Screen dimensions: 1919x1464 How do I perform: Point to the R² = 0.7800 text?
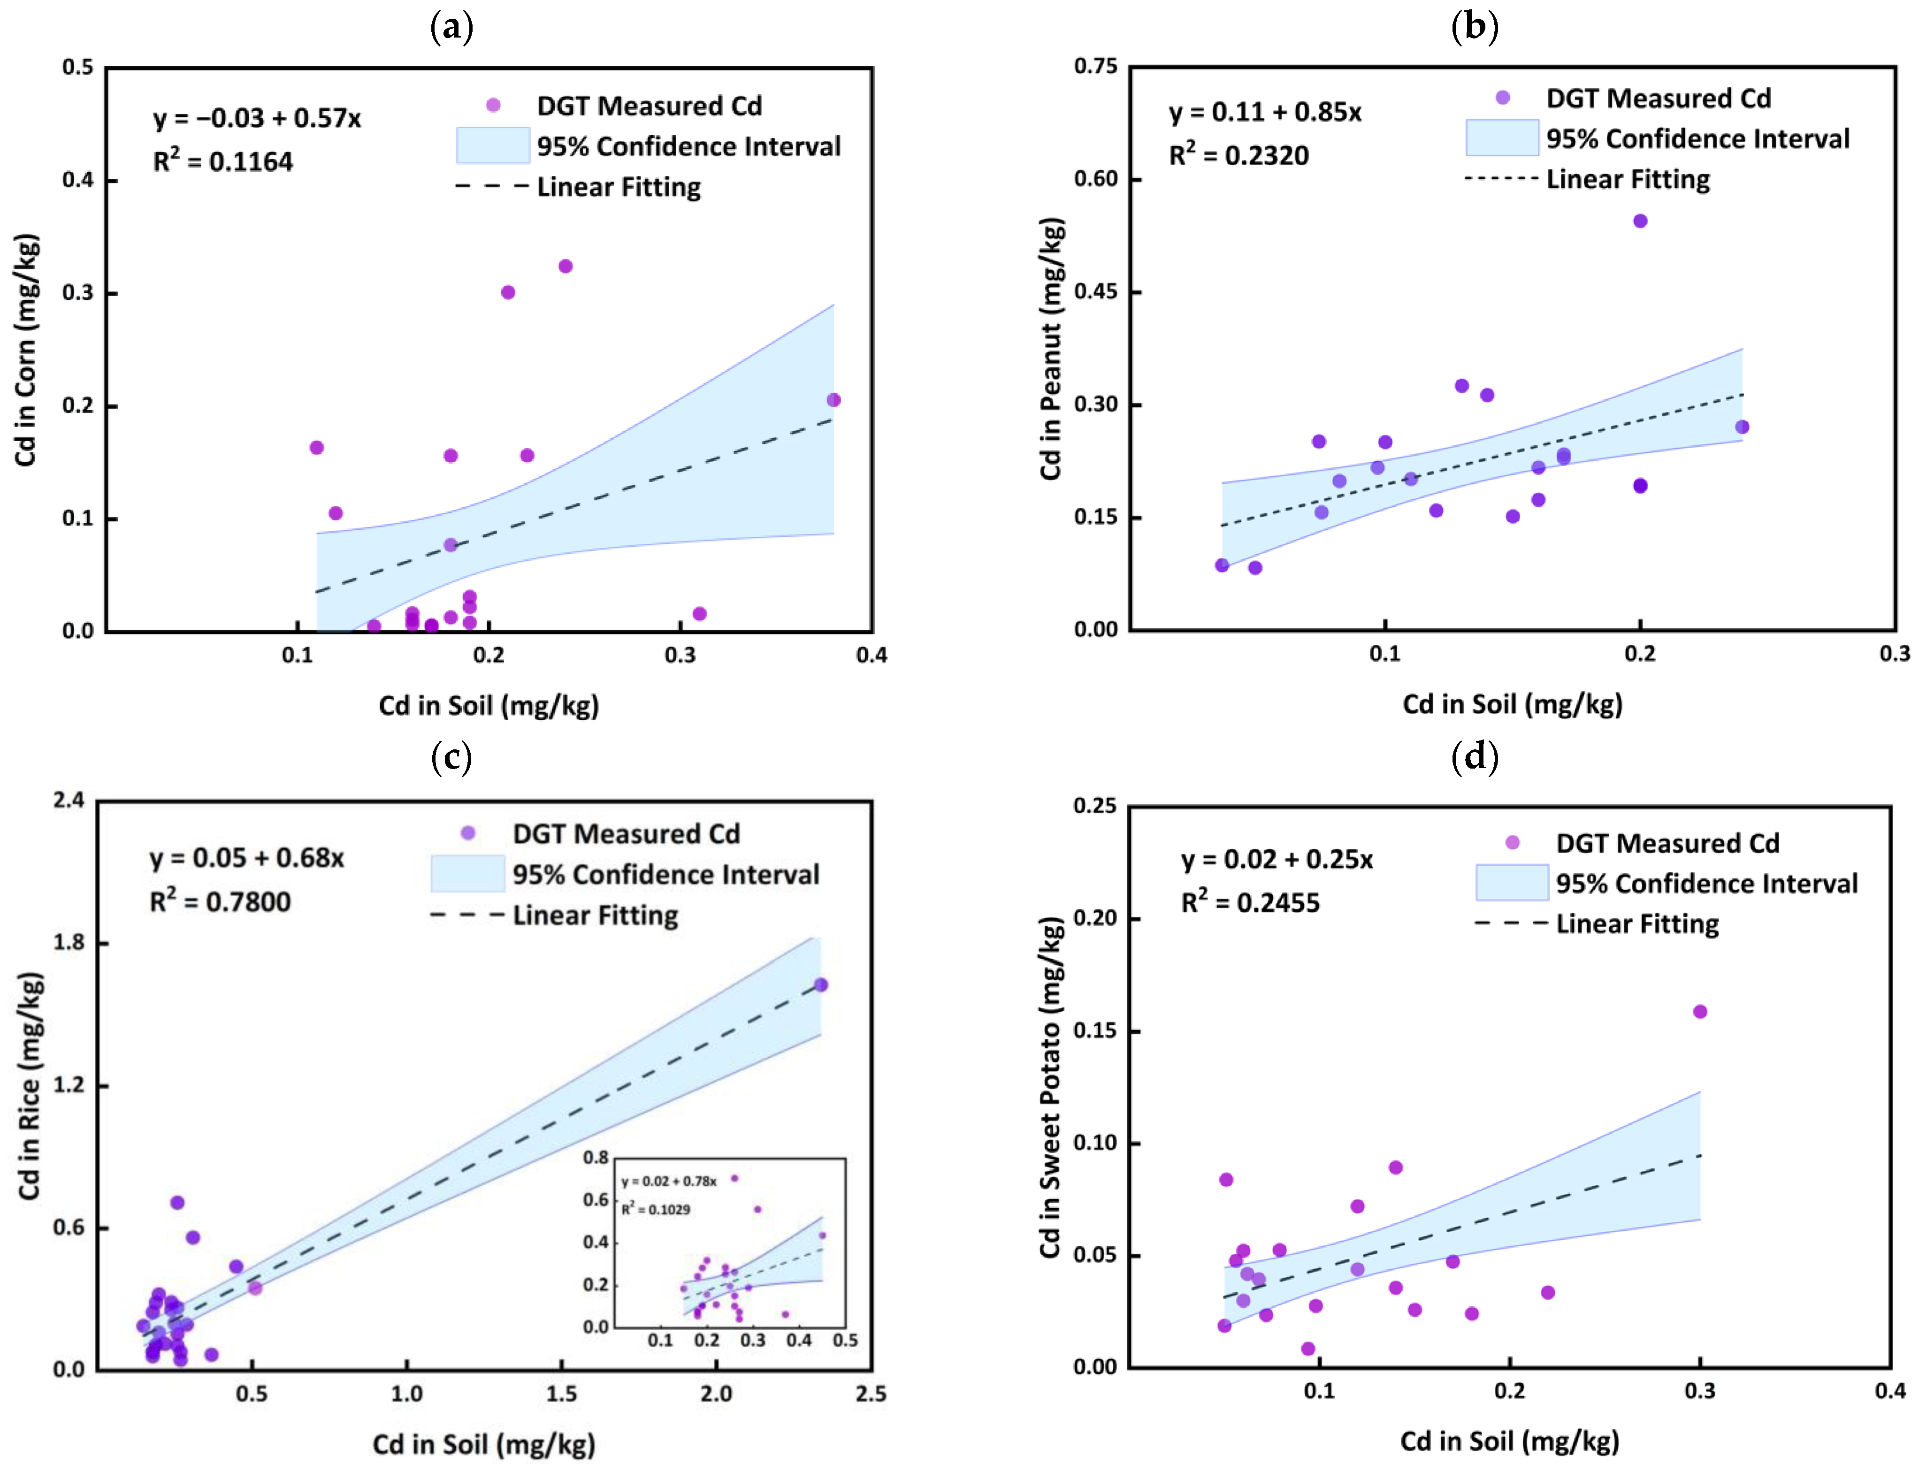(221, 900)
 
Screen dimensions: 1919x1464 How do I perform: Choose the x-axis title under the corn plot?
(489, 705)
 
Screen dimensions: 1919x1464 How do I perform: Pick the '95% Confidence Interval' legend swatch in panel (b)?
(1502, 137)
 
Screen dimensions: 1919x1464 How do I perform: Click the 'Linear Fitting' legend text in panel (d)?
(1637, 924)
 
